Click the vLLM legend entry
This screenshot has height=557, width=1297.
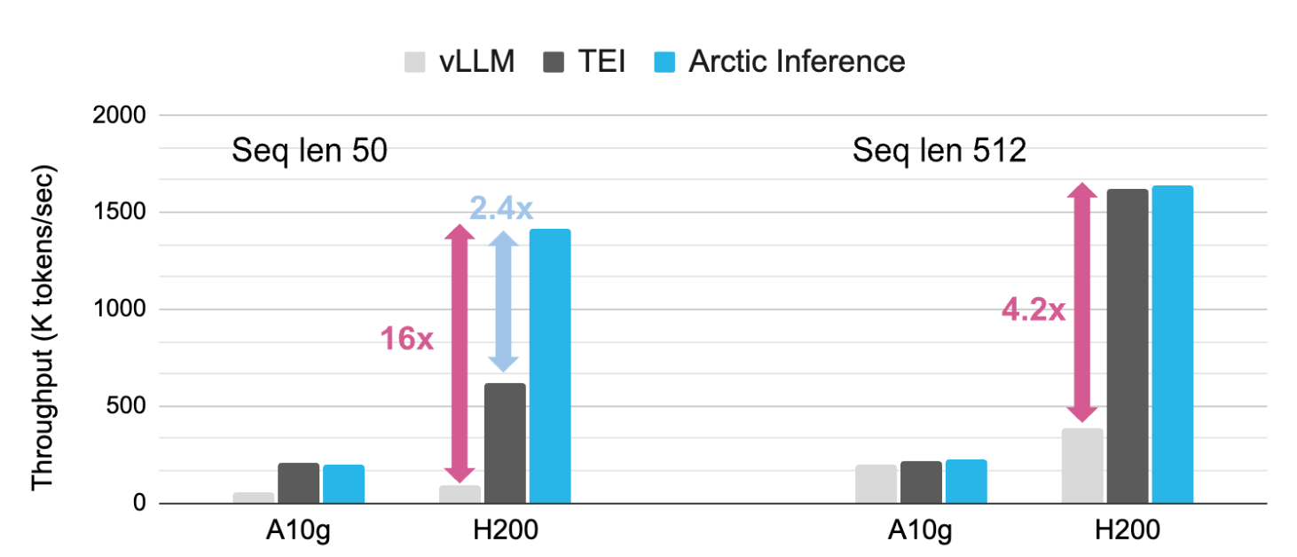coord(459,61)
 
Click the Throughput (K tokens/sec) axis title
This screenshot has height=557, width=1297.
coord(43,326)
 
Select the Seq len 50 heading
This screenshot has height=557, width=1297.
coord(310,151)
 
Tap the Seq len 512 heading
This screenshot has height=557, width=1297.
coord(939,151)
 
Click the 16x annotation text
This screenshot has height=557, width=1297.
coord(407,339)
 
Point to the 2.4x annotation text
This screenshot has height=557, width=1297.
coord(501,208)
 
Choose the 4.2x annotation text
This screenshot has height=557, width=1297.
coord(1033,311)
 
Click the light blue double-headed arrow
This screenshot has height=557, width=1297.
coord(504,302)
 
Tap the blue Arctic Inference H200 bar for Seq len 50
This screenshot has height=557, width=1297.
coord(549,366)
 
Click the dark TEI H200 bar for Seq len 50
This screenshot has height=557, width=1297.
coord(504,443)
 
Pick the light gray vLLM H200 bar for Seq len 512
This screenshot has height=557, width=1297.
coord(1081,467)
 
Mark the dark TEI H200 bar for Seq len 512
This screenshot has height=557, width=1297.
coord(1127,347)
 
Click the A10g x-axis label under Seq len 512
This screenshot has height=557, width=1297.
coord(921,531)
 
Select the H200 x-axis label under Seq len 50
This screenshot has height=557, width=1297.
coord(505,531)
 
